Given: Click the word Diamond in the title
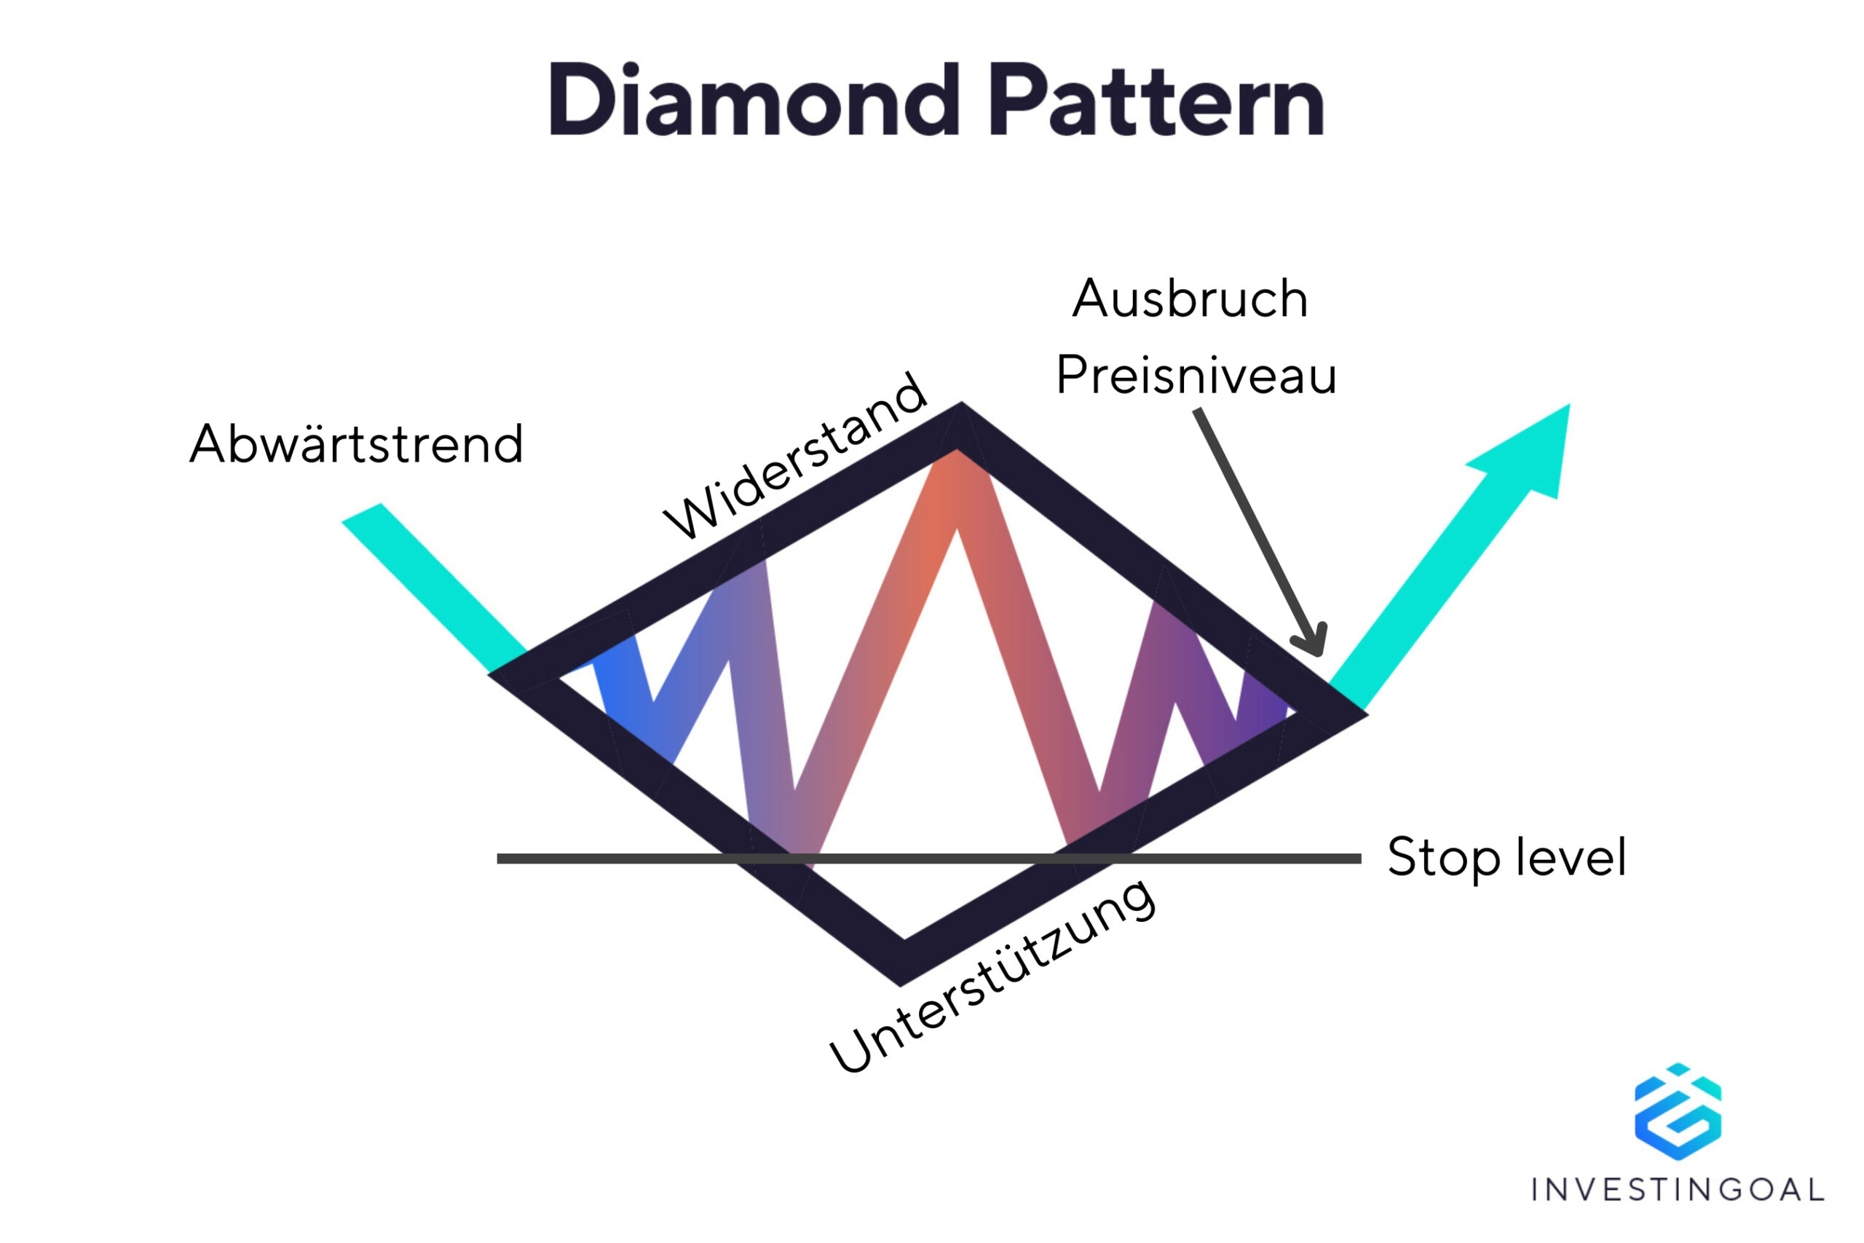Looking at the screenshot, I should tap(753, 101).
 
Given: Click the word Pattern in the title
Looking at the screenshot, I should tap(1156, 101).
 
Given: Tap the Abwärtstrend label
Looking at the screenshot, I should tap(356, 443).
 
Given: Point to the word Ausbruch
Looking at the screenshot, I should tap(1190, 300).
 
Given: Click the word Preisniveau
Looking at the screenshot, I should tap(1196, 375).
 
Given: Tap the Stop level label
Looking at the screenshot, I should tap(1506, 858).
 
